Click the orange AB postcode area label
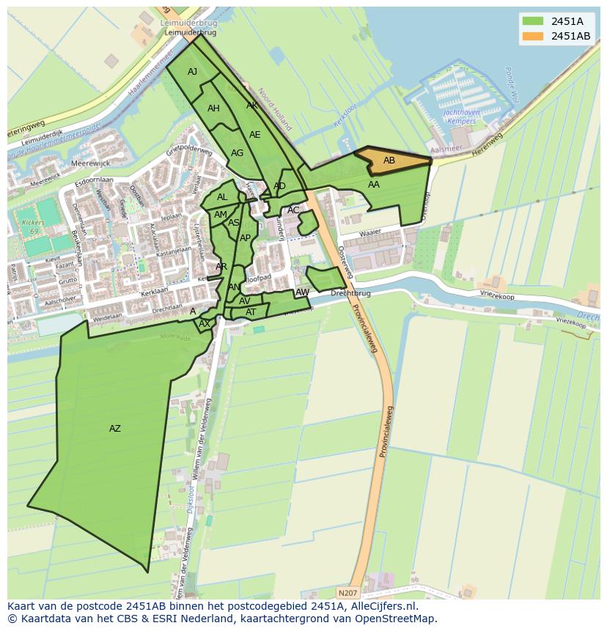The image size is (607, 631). click(x=389, y=160)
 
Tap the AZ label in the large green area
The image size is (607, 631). click(x=115, y=429)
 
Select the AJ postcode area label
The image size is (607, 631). click(x=192, y=72)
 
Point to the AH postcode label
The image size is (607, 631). click(x=213, y=108)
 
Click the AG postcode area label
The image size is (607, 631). click(x=237, y=153)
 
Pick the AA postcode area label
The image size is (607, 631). click(x=374, y=185)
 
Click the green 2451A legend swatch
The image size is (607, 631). click(x=532, y=21)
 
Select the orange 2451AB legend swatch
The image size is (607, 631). click(x=532, y=36)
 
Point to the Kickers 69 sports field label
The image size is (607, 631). click(x=29, y=226)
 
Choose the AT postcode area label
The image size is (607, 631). click(x=251, y=312)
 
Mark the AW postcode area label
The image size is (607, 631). click(x=302, y=292)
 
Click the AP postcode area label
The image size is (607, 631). click(x=245, y=238)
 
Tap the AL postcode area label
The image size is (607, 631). click(x=222, y=197)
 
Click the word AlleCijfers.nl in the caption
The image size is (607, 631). click(x=382, y=606)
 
